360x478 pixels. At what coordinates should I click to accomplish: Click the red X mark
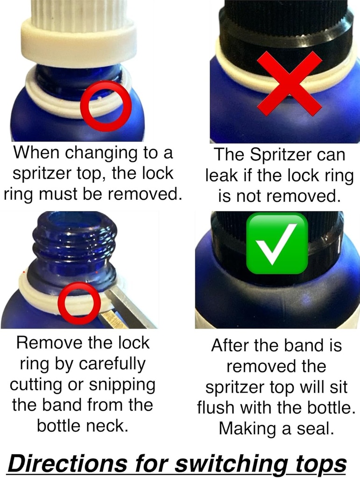289,84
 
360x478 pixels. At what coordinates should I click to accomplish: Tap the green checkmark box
277,244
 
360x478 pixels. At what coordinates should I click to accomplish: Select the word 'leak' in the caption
221,176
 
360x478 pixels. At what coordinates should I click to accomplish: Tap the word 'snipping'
122,385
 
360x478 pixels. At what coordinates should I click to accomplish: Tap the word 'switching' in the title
231,464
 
